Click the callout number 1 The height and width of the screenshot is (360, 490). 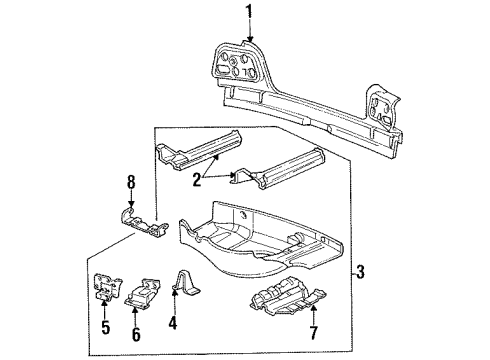tap(249, 14)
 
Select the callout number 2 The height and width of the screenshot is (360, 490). tap(197, 180)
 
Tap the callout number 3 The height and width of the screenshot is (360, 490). tap(360, 272)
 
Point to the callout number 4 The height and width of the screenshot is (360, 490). tap(172, 322)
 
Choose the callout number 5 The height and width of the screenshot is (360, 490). tap(105, 327)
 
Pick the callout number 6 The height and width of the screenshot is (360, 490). tap(136, 334)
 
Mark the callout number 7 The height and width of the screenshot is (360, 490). tap(313, 332)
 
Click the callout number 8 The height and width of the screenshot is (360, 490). tap(131, 183)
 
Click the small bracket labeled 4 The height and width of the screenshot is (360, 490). tap(187, 282)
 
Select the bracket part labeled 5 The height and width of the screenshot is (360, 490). tap(107, 286)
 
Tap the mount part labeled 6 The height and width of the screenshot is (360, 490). tap(143, 292)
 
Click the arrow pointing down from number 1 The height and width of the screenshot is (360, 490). tap(249, 33)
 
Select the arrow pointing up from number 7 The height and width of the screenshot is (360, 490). tap(313, 313)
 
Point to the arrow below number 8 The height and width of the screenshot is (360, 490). tap(131, 200)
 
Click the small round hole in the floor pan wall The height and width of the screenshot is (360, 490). tap(244, 215)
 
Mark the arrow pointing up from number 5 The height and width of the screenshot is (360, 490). tap(104, 309)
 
